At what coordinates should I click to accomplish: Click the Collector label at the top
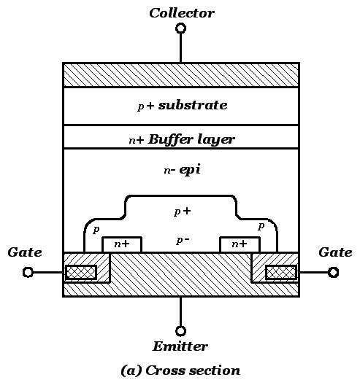pos(181,12)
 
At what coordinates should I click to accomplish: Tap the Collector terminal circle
pos(180,28)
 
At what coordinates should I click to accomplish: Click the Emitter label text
pos(180,346)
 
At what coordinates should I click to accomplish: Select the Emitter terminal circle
pos(180,330)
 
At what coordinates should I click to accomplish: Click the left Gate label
pos(24,252)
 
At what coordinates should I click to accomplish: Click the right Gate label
pos(335,252)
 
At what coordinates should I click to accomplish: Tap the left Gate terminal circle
pos(28,272)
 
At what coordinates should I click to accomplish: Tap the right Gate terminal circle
pos(333,272)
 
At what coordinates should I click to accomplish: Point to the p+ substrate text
pos(182,106)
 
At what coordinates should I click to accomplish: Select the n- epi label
pos(181,170)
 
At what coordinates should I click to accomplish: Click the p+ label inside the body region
pos(182,212)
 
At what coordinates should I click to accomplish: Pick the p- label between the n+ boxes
pos(182,240)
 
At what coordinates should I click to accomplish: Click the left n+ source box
pos(121,244)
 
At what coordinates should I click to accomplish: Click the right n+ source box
pos(239,244)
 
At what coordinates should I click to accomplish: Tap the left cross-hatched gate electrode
pos(80,273)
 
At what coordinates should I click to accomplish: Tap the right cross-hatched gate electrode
pos(281,273)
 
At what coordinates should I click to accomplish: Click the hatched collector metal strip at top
pos(180,75)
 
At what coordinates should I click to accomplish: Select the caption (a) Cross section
pos(180,370)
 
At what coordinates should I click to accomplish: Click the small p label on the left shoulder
pos(96,229)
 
